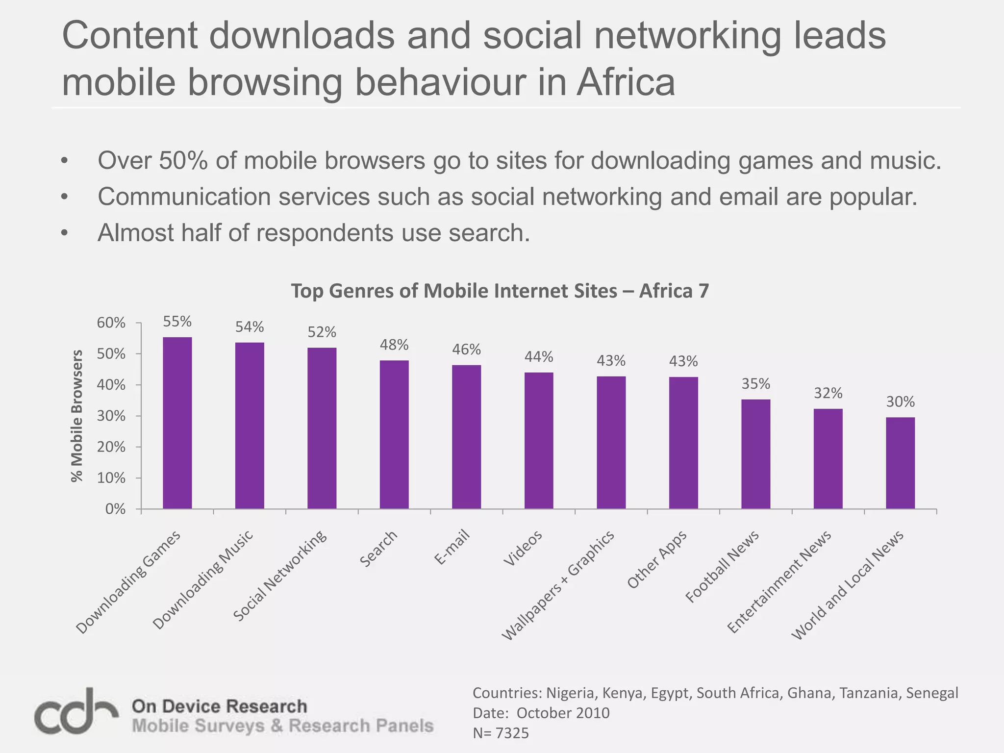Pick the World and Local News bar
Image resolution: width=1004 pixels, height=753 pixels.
click(900, 463)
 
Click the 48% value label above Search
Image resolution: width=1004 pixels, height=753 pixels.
click(394, 345)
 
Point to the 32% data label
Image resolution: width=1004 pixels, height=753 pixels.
click(828, 393)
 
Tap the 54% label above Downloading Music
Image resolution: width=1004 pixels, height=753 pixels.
click(250, 327)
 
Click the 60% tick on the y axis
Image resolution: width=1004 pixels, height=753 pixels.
click(111, 323)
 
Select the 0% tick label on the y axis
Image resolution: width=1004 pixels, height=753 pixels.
click(115, 510)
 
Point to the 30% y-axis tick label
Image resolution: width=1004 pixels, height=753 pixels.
click(111, 416)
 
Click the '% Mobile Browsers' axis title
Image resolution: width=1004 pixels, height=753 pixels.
click(77, 416)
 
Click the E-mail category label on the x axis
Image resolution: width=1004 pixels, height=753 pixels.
click(452, 548)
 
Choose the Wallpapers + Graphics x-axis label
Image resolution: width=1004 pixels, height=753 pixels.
click(559, 585)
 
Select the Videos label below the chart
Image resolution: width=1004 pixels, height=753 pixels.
click(523, 548)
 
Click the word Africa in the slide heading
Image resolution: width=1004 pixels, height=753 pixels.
click(626, 82)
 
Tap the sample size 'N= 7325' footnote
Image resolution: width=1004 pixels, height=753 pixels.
click(501, 733)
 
